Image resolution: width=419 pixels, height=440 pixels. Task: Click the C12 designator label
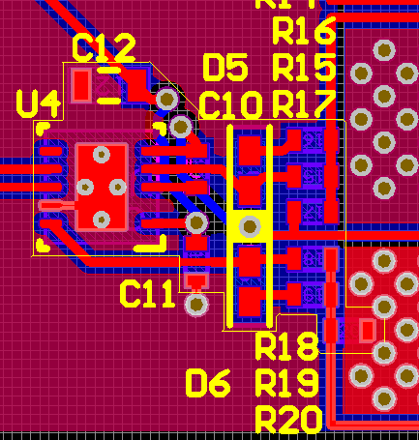(104, 46)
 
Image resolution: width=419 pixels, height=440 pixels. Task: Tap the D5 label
(224, 68)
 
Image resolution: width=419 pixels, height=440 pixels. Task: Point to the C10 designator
(229, 104)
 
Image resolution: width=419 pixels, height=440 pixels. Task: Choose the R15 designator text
(304, 68)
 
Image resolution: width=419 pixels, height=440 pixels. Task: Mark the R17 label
(304, 103)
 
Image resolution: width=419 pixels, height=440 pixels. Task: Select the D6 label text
(208, 384)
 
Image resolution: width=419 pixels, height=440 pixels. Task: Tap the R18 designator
(286, 345)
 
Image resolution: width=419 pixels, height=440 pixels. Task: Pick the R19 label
(286, 383)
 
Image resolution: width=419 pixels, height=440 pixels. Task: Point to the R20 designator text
(286, 420)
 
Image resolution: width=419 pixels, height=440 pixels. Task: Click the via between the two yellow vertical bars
(251, 226)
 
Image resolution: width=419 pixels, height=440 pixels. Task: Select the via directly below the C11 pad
(196, 306)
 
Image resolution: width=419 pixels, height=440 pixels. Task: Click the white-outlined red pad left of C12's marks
(81, 85)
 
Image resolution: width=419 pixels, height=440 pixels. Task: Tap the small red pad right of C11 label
(196, 281)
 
